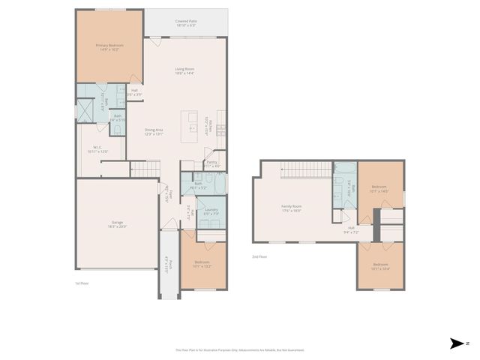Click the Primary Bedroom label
(109, 47)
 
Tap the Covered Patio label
(185, 23)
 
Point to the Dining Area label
(154, 132)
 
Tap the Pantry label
(212, 163)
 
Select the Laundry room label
(211, 211)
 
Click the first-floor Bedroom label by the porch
(202, 264)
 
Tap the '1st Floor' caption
(82, 283)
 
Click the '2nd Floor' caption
(259, 256)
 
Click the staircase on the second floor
(307, 172)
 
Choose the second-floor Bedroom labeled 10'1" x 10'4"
(380, 265)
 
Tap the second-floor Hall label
(350, 230)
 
